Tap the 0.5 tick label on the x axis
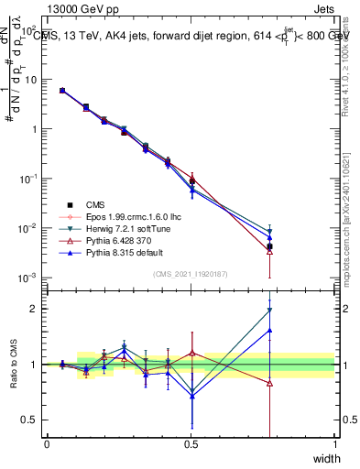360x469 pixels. [191, 443]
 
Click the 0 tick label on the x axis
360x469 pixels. [47, 443]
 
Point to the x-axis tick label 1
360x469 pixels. [334, 443]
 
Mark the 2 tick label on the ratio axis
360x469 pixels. [35, 309]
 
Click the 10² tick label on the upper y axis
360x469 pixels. [31, 30]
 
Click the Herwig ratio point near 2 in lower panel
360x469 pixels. [269, 310]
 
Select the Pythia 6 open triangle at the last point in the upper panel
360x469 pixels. [269, 251]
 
